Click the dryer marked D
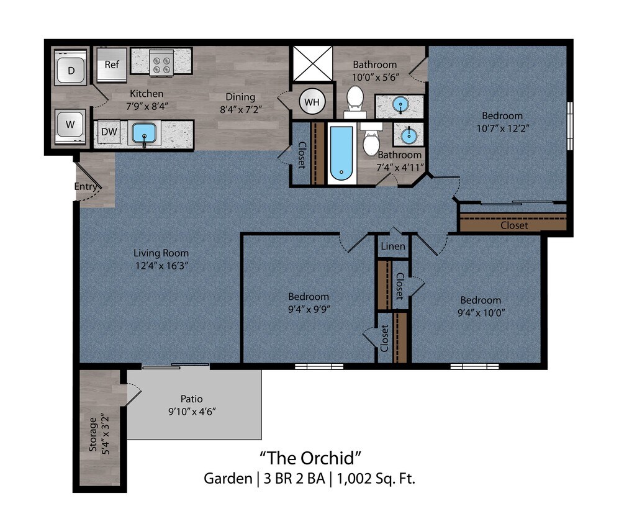click(x=71, y=70)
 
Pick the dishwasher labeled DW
click(x=109, y=132)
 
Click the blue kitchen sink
click(x=144, y=133)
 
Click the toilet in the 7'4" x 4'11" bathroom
click(x=371, y=142)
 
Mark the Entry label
click(x=86, y=186)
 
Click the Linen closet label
click(x=393, y=246)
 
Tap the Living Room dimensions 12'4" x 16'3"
click(x=161, y=266)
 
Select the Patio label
click(x=192, y=399)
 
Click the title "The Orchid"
click(x=310, y=458)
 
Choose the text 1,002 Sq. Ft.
click(x=377, y=479)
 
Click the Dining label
click(x=240, y=97)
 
